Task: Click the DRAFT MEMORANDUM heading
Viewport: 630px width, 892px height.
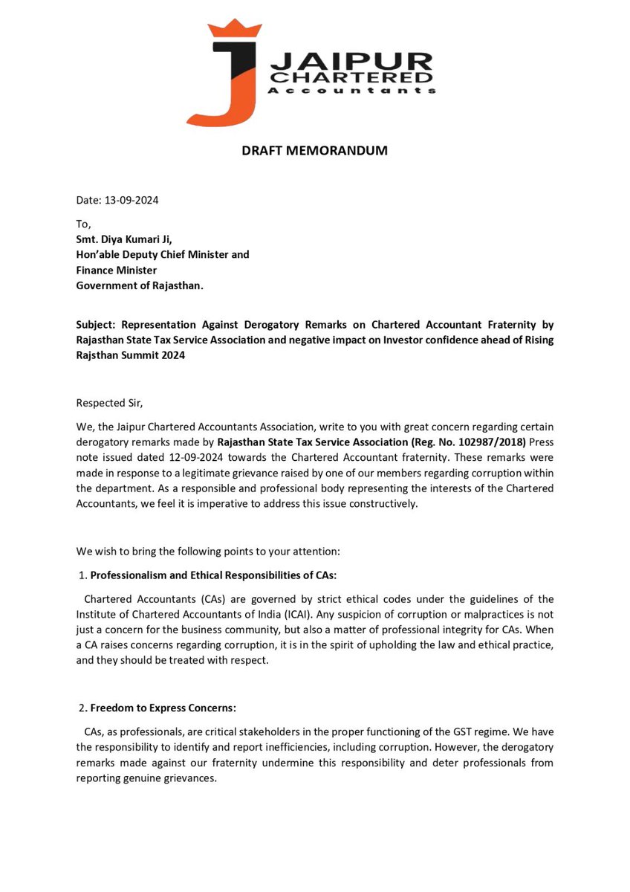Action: (314, 151)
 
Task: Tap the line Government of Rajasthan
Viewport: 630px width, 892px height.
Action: (139, 286)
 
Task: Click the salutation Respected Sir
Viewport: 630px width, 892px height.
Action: (108, 403)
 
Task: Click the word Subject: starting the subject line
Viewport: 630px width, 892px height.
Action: (97, 325)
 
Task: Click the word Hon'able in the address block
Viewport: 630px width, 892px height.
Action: (99, 255)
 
